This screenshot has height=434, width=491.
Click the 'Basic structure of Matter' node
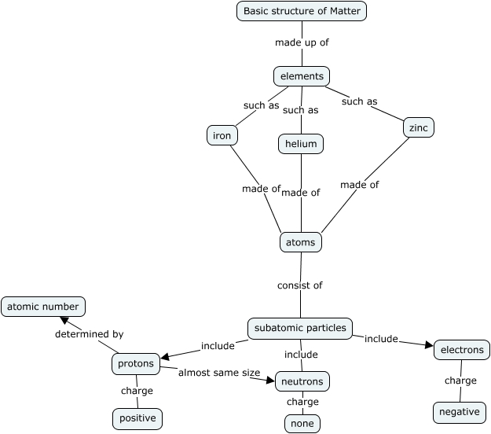302,11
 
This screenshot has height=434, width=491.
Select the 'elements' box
302,76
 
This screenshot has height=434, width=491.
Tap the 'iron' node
222,135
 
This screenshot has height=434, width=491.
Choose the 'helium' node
301,144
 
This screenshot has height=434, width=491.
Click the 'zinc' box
418,127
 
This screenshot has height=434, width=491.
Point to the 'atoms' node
301,242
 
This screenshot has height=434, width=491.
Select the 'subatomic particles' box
300,328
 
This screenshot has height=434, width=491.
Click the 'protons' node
136,364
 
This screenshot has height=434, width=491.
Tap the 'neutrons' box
302,381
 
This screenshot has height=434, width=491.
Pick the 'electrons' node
462,350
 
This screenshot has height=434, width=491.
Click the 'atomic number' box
42,307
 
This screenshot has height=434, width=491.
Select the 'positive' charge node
137,419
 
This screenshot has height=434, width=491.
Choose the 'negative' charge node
460,412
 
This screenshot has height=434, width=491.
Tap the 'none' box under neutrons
302,423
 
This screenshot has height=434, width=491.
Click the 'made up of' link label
302,42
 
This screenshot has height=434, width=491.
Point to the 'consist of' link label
300,285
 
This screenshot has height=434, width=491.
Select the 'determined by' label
89,334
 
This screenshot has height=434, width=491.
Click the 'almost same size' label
218,372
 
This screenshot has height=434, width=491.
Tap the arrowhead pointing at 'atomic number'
66,322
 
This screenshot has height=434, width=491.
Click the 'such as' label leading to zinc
359,101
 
